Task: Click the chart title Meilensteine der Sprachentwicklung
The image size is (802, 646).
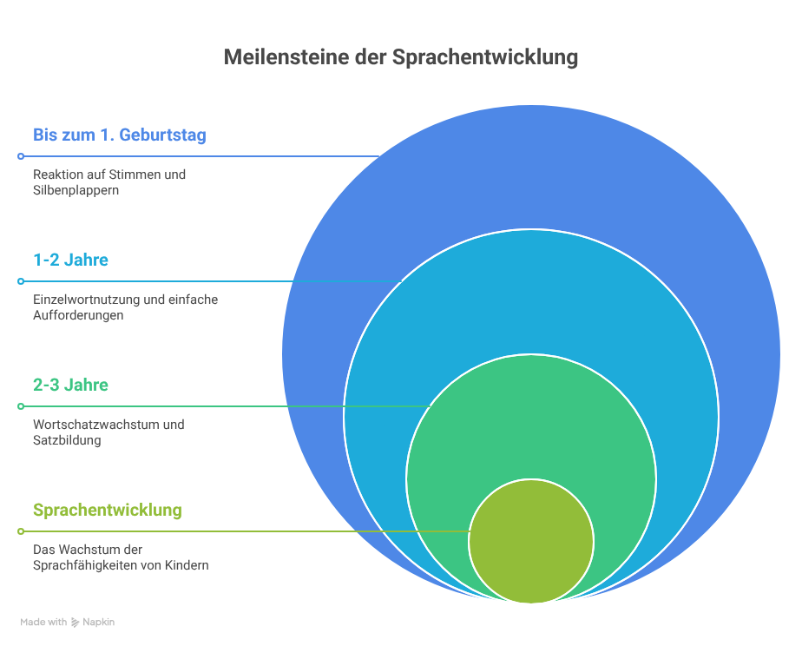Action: pos(400,58)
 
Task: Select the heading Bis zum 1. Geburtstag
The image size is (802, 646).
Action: pos(120,135)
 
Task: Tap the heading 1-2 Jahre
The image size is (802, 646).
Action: pos(70,260)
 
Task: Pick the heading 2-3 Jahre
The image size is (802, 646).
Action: pos(70,385)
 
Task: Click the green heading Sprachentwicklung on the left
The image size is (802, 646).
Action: pos(108,511)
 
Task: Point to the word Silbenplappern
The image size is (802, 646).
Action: pos(76,190)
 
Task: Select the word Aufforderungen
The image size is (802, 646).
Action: pos(78,315)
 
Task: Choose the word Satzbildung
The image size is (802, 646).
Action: pos(67,440)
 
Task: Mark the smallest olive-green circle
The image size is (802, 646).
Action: pos(531,541)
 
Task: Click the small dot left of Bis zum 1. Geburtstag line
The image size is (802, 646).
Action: pos(21,156)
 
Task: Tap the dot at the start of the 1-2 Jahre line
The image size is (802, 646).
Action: pos(21,281)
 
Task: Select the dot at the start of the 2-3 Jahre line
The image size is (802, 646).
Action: pos(21,406)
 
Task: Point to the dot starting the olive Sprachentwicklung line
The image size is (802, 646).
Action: pos(21,531)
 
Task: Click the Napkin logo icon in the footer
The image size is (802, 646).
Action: pos(75,623)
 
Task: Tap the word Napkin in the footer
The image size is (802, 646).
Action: pos(99,623)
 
